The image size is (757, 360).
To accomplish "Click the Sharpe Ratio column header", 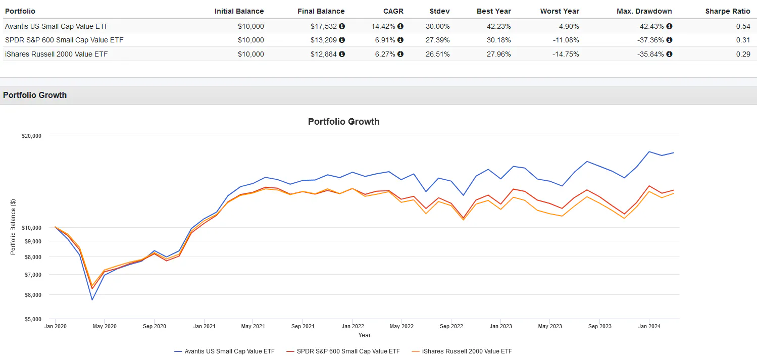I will [728, 11].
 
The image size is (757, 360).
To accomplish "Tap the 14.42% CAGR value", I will [386, 26].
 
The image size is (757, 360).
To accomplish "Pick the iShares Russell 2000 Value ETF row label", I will [57, 54].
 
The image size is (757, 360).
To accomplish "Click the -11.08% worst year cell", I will [566, 40].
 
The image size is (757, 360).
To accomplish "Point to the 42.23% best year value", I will [497, 26].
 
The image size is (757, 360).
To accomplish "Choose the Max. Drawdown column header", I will [644, 11].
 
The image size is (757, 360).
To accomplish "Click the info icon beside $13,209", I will [342, 40].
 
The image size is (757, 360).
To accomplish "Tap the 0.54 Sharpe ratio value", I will [743, 26].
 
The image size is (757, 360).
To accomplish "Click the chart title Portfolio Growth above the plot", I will [343, 122].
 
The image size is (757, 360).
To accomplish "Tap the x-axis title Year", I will [364, 335].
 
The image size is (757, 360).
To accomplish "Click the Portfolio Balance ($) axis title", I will [14, 228].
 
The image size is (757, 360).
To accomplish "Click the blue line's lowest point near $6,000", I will [92, 300].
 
